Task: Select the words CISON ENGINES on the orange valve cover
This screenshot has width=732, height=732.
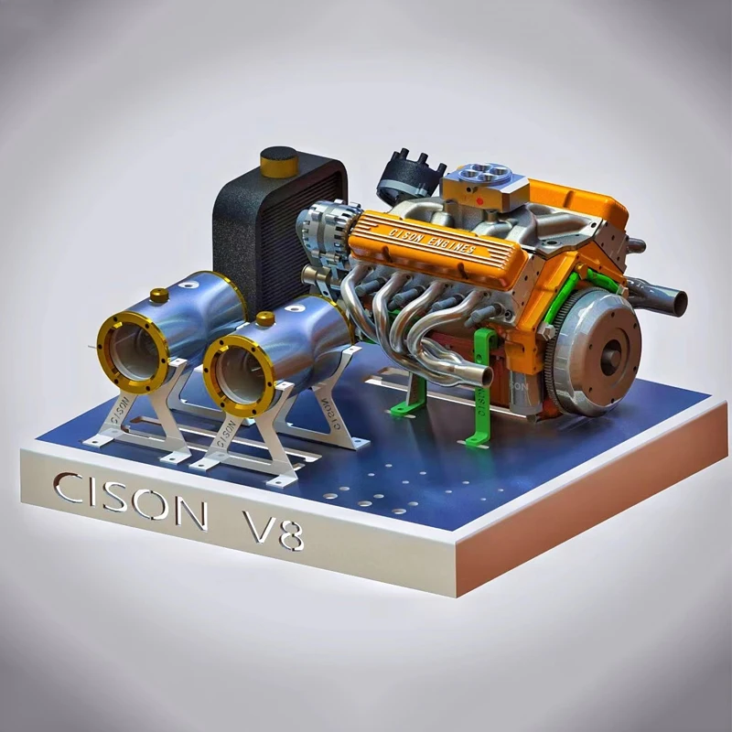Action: (432, 240)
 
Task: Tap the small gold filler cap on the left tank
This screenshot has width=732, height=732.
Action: (159, 296)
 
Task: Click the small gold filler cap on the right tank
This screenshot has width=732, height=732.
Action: (265, 319)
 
